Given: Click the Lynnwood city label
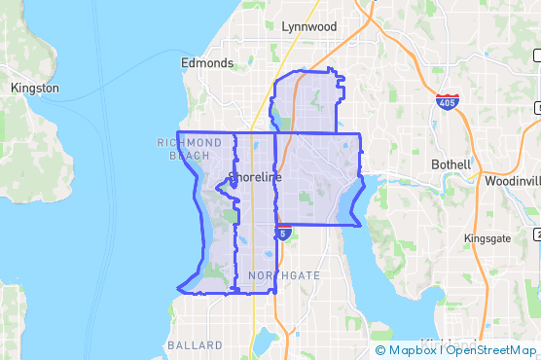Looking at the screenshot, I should (x=308, y=26).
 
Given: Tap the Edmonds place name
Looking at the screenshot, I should (x=207, y=63).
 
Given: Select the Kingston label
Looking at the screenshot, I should (x=34, y=89).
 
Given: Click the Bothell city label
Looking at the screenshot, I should (x=451, y=164).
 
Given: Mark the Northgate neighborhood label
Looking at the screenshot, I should (x=283, y=276).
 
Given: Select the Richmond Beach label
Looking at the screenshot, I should (x=183, y=149).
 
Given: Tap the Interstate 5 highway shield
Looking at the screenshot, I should (x=282, y=234).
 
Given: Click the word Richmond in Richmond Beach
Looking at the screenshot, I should (x=183, y=143).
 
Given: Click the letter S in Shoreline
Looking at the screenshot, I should (x=231, y=178).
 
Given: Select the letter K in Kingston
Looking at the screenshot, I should (x=14, y=89).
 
